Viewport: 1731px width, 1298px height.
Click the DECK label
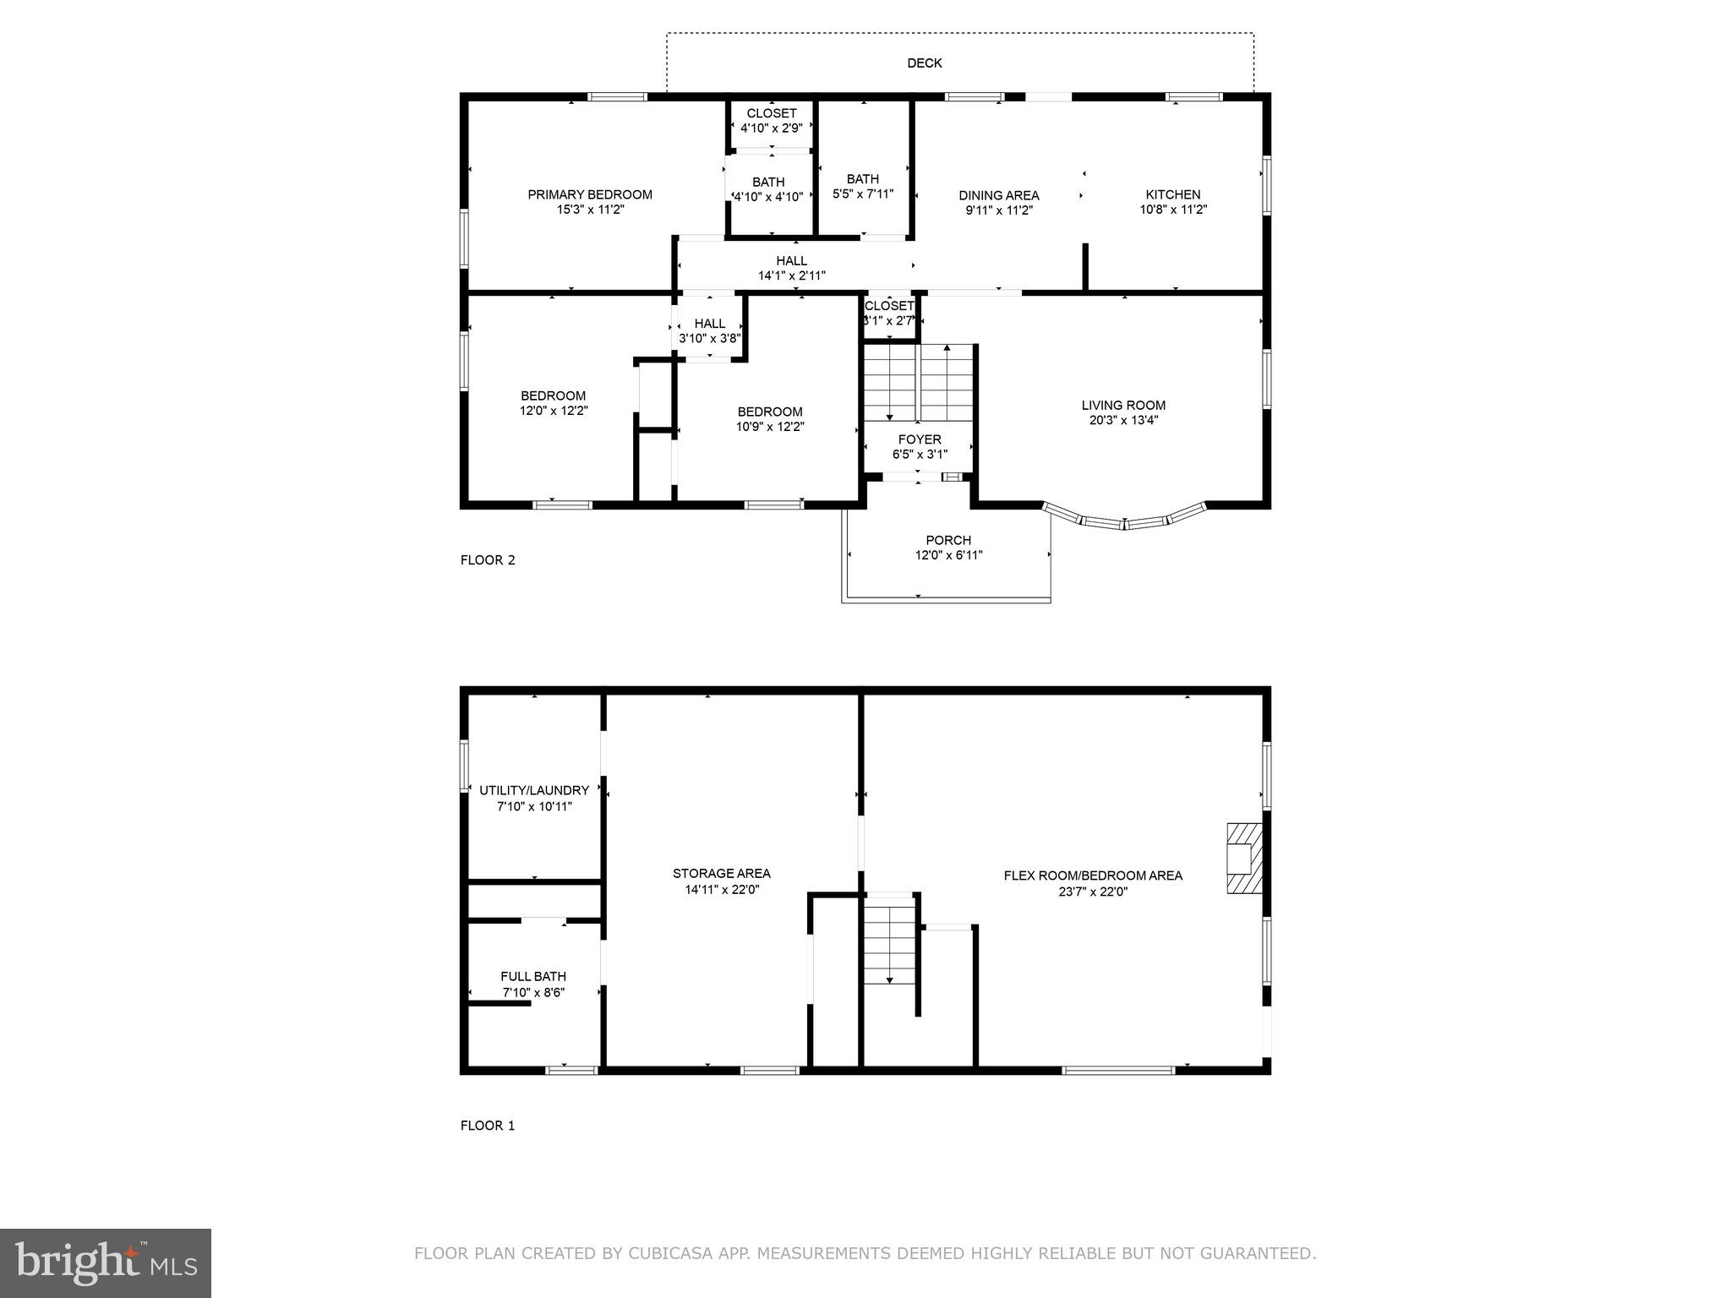(924, 63)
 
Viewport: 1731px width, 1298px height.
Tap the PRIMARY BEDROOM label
(589, 194)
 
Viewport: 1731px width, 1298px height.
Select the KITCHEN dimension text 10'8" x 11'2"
(1172, 210)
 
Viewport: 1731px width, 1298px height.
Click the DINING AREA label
(998, 195)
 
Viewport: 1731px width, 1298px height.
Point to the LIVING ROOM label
(1122, 405)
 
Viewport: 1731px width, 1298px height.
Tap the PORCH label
(948, 540)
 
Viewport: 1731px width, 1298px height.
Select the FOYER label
(919, 439)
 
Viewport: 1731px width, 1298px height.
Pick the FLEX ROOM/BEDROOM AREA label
(1092, 875)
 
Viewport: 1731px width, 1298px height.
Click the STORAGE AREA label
(721, 874)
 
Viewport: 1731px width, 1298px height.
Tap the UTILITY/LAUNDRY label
(533, 790)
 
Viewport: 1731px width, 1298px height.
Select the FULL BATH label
(532, 976)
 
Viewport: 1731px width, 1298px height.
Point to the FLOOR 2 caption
(487, 559)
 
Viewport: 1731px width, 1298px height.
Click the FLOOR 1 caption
(487, 1125)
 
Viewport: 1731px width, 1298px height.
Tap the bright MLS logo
(105, 1263)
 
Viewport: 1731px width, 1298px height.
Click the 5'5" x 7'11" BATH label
(862, 179)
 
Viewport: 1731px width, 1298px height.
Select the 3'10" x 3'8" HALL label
(709, 324)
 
